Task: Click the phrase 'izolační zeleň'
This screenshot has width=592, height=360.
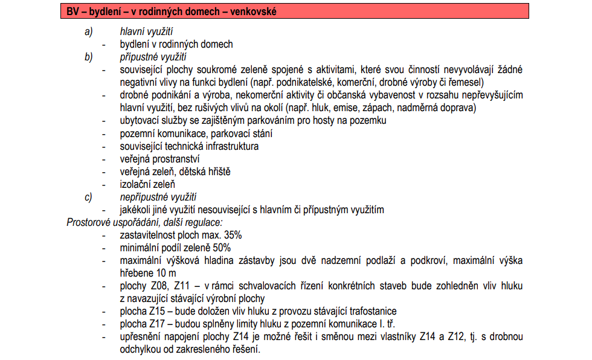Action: tap(147, 184)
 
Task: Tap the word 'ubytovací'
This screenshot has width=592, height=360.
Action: tap(140, 121)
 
